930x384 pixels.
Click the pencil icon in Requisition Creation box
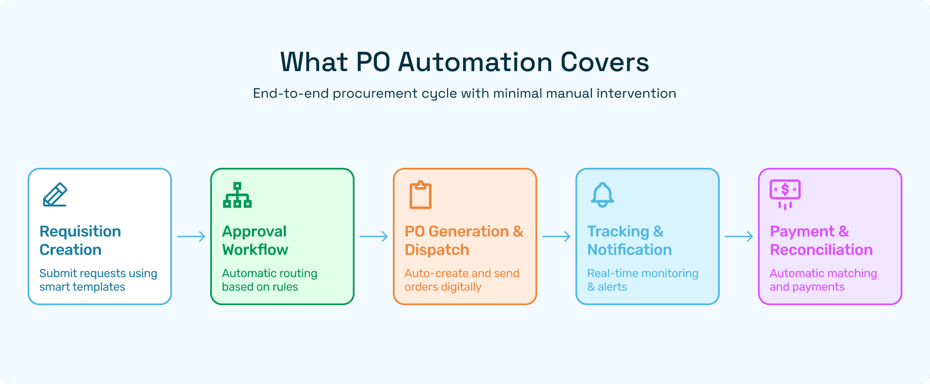pyautogui.click(x=55, y=194)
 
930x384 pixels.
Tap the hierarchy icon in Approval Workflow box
pyautogui.click(x=237, y=195)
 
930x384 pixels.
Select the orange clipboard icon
pyautogui.click(x=420, y=195)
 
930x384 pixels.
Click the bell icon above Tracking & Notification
pyautogui.click(x=603, y=195)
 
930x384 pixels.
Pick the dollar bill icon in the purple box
pyautogui.click(x=785, y=194)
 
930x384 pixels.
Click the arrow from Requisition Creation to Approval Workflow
pyautogui.click(x=191, y=236)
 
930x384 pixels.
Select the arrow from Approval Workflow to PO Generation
pyautogui.click(x=374, y=236)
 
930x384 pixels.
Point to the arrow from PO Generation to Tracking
pyautogui.click(x=557, y=236)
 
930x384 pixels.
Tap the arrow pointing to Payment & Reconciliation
pyautogui.click(x=739, y=236)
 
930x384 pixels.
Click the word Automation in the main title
pyautogui.click(x=475, y=62)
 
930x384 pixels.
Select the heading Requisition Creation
pyautogui.click(x=80, y=240)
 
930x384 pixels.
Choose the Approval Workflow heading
pyautogui.click(x=255, y=240)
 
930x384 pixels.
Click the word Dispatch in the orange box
pyautogui.click(x=437, y=250)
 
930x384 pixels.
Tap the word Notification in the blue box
pyautogui.click(x=629, y=250)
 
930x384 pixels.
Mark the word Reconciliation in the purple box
pyautogui.click(x=821, y=250)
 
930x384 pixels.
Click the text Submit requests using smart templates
pyautogui.click(x=98, y=280)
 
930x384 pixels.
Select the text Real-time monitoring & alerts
pyautogui.click(x=643, y=280)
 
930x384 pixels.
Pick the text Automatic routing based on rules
pyautogui.click(x=269, y=280)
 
